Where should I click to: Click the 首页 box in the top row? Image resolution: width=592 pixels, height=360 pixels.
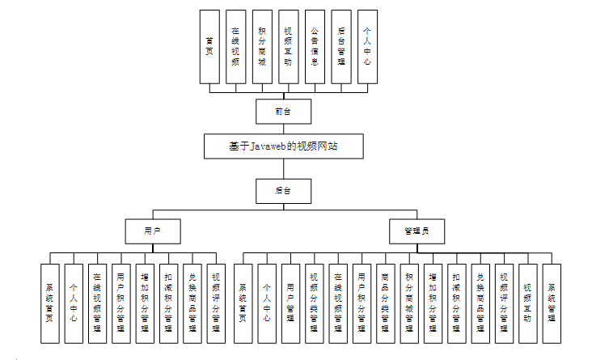click(209, 46)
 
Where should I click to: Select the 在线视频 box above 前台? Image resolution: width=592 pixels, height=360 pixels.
click(235, 46)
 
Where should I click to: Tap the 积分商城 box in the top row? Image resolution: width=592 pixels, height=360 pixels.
click(261, 46)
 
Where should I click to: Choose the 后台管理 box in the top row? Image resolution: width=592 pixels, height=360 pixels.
click(340, 46)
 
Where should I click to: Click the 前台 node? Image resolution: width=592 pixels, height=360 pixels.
click(282, 111)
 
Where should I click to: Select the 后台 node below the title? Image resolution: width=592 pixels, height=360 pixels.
click(282, 191)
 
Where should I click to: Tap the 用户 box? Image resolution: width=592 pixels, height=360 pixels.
click(152, 231)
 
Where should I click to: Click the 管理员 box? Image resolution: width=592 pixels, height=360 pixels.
click(417, 231)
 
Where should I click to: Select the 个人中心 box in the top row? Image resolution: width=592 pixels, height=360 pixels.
click(366, 46)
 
